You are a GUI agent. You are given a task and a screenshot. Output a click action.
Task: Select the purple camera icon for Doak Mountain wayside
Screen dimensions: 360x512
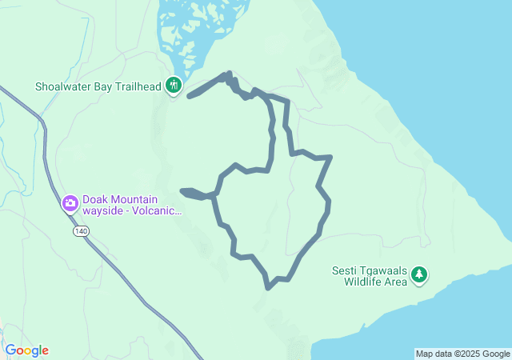pos(70,202)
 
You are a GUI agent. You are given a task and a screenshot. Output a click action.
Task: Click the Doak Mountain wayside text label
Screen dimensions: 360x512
pos(131,206)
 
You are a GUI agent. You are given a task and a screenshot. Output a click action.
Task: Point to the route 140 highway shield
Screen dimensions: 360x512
pos(78,230)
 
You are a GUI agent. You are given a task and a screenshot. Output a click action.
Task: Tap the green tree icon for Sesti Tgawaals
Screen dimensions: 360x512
pos(419,275)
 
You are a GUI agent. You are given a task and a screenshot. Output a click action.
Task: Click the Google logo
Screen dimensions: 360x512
pos(26,350)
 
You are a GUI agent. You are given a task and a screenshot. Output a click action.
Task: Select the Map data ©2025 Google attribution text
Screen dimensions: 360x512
pos(462,354)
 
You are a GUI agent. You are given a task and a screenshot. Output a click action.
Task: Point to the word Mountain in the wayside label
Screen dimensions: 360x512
pos(134,200)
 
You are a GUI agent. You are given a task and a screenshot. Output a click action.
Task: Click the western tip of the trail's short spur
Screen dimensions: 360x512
pos(184,191)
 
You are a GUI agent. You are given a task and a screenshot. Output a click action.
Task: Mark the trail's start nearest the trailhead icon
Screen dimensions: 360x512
pos(190,96)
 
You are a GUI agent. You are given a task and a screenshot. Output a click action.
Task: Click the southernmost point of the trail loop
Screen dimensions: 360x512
pos(268,286)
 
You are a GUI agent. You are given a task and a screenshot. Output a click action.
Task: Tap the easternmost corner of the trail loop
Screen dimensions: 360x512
pos(330,158)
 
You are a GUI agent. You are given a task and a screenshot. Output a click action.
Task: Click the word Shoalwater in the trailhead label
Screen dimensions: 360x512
pos(66,86)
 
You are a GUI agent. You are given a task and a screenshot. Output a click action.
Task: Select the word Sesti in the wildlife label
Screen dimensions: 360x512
pos(346,270)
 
